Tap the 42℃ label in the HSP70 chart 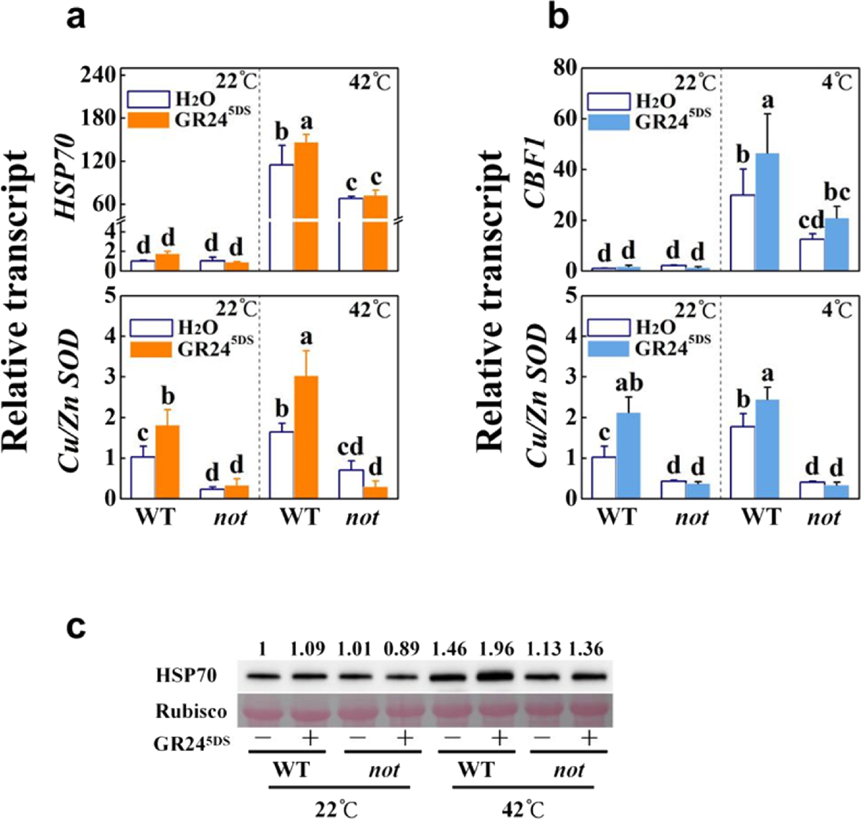point(369,83)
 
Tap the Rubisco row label point(191,711)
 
